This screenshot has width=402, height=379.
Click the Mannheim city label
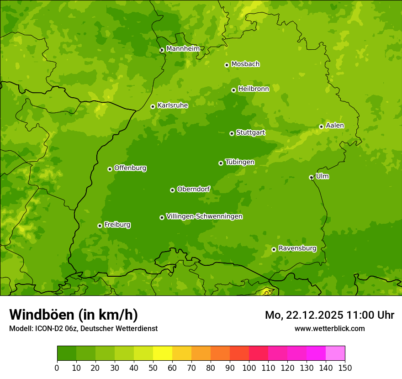pyautogui.click(x=183, y=48)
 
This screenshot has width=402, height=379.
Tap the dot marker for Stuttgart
pyautogui.click(x=232, y=133)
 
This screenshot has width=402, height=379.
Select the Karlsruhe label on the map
pyautogui.click(x=172, y=105)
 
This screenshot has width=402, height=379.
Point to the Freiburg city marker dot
pyautogui.click(x=100, y=226)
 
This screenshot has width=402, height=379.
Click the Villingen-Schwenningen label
pyautogui.click(x=204, y=216)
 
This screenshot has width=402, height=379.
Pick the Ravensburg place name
pyautogui.click(x=297, y=248)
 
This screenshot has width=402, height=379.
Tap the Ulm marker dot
pyautogui.click(x=311, y=177)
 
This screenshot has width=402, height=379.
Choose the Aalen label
pyautogui.click(x=335, y=126)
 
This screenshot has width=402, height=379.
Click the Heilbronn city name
pyautogui.click(x=254, y=89)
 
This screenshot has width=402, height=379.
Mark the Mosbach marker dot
pyautogui.click(x=227, y=65)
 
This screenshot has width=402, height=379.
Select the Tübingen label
pyautogui.click(x=239, y=162)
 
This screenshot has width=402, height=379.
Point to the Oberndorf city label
pyautogui.click(x=193, y=189)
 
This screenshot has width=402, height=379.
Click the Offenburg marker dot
pyautogui.click(x=110, y=169)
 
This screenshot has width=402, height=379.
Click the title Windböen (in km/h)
pyautogui.click(x=73, y=315)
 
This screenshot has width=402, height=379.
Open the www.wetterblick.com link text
pyautogui.click(x=329, y=328)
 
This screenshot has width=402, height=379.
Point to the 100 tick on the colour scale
pyautogui.click(x=249, y=368)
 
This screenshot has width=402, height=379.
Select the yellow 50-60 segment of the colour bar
pyautogui.click(x=162, y=353)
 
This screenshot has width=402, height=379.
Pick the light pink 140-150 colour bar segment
pyautogui.click(x=335, y=353)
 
